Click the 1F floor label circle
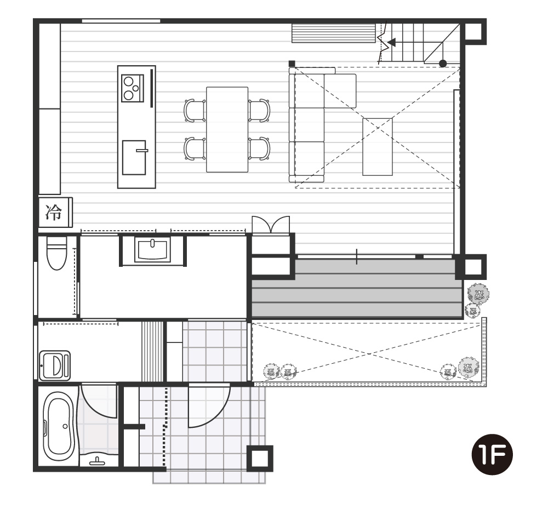click(492, 455)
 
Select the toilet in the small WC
click(56, 253)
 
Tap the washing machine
click(55, 366)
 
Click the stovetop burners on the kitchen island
click(133, 88)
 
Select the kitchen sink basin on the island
click(134, 158)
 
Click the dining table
click(227, 130)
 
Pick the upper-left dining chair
click(195, 111)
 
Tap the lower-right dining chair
click(259, 149)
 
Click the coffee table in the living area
click(378, 147)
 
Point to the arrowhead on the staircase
click(392, 43)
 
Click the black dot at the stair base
click(443, 64)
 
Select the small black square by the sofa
click(292, 64)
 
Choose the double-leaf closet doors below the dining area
click(271, 224)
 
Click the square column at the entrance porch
click(260, 459)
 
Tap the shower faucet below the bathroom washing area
click(98, 462)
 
